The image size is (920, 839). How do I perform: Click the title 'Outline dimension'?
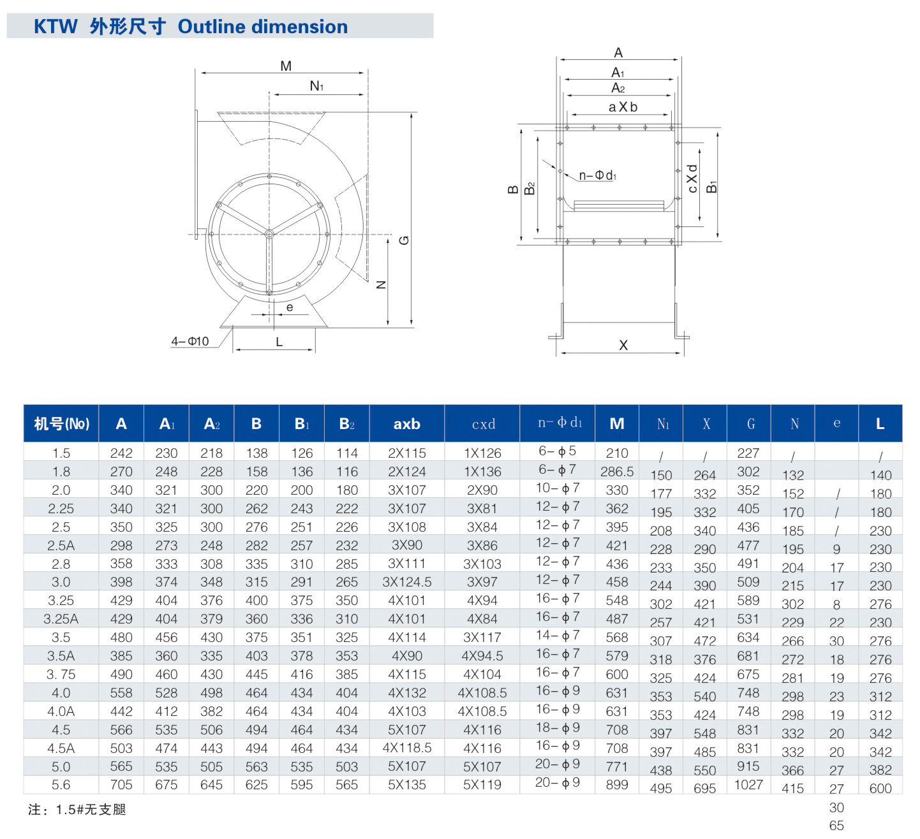point(262,27)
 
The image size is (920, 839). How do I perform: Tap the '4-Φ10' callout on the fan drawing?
point(189,341)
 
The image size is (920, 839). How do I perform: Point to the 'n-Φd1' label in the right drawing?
point(597,175)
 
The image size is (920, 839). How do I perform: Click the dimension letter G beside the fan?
point(404,240)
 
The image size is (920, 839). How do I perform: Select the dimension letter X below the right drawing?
point(623,345)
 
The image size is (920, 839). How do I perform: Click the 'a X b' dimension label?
point(623,107)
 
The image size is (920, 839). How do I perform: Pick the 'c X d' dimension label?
point(692,179)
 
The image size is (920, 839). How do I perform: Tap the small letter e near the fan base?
point(290,307)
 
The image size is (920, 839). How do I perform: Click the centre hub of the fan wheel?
point(269,235)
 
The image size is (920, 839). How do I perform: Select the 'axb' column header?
point(406,424)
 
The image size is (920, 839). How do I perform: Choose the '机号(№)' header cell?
point(61,424)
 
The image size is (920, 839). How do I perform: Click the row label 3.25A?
point(61,619)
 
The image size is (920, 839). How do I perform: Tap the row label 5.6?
point(61,785)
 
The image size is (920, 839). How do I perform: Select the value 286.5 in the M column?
point(617,472)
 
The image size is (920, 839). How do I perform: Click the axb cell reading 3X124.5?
point(406,582)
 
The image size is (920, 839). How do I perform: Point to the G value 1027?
point(748,785)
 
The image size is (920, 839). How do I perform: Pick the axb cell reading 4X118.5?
point(406,748)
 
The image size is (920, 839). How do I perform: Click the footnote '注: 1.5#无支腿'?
point(77,810)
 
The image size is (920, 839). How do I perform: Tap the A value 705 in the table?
point(121,785)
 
